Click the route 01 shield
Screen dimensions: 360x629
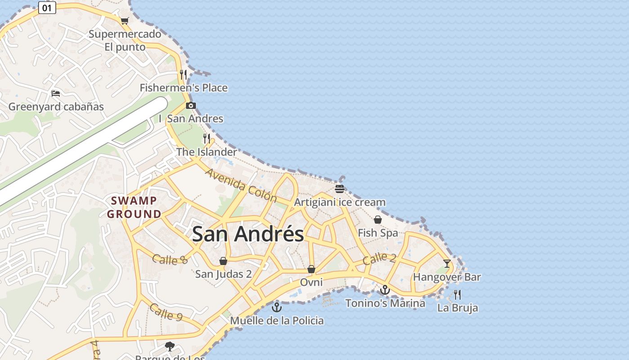[x=47, y=8]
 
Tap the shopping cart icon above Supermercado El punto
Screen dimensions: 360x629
[x=124, y=21]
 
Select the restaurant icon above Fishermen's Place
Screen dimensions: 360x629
[x=183, y=74]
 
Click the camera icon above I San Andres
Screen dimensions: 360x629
[x=190, y=106]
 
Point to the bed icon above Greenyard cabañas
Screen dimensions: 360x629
[x=56, y=94]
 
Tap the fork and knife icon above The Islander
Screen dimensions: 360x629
[x=207, y=138]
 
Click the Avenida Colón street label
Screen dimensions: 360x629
[x=241, y=185]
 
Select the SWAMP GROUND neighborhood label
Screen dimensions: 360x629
[x=134, y=207]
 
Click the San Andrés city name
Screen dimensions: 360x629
[x=248, y=234]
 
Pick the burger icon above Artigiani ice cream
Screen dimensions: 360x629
[x=340, y=189]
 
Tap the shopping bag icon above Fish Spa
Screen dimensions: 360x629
[x=378, y=220]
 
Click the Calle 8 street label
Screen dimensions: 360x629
[x=170, y=259]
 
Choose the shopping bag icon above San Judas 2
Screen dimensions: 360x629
[x=223, y=261]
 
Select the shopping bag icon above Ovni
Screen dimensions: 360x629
[x=311, y=269]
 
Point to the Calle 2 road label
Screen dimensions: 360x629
[x=379, y=258]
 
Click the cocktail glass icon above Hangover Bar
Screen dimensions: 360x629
[x=447, y=264]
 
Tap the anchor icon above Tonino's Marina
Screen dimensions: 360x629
[x=385, y=290]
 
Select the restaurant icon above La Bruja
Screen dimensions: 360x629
[x=457, y=295]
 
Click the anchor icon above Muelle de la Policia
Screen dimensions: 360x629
[x=277, y=307]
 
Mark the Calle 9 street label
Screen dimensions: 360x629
[x=165, y=312]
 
